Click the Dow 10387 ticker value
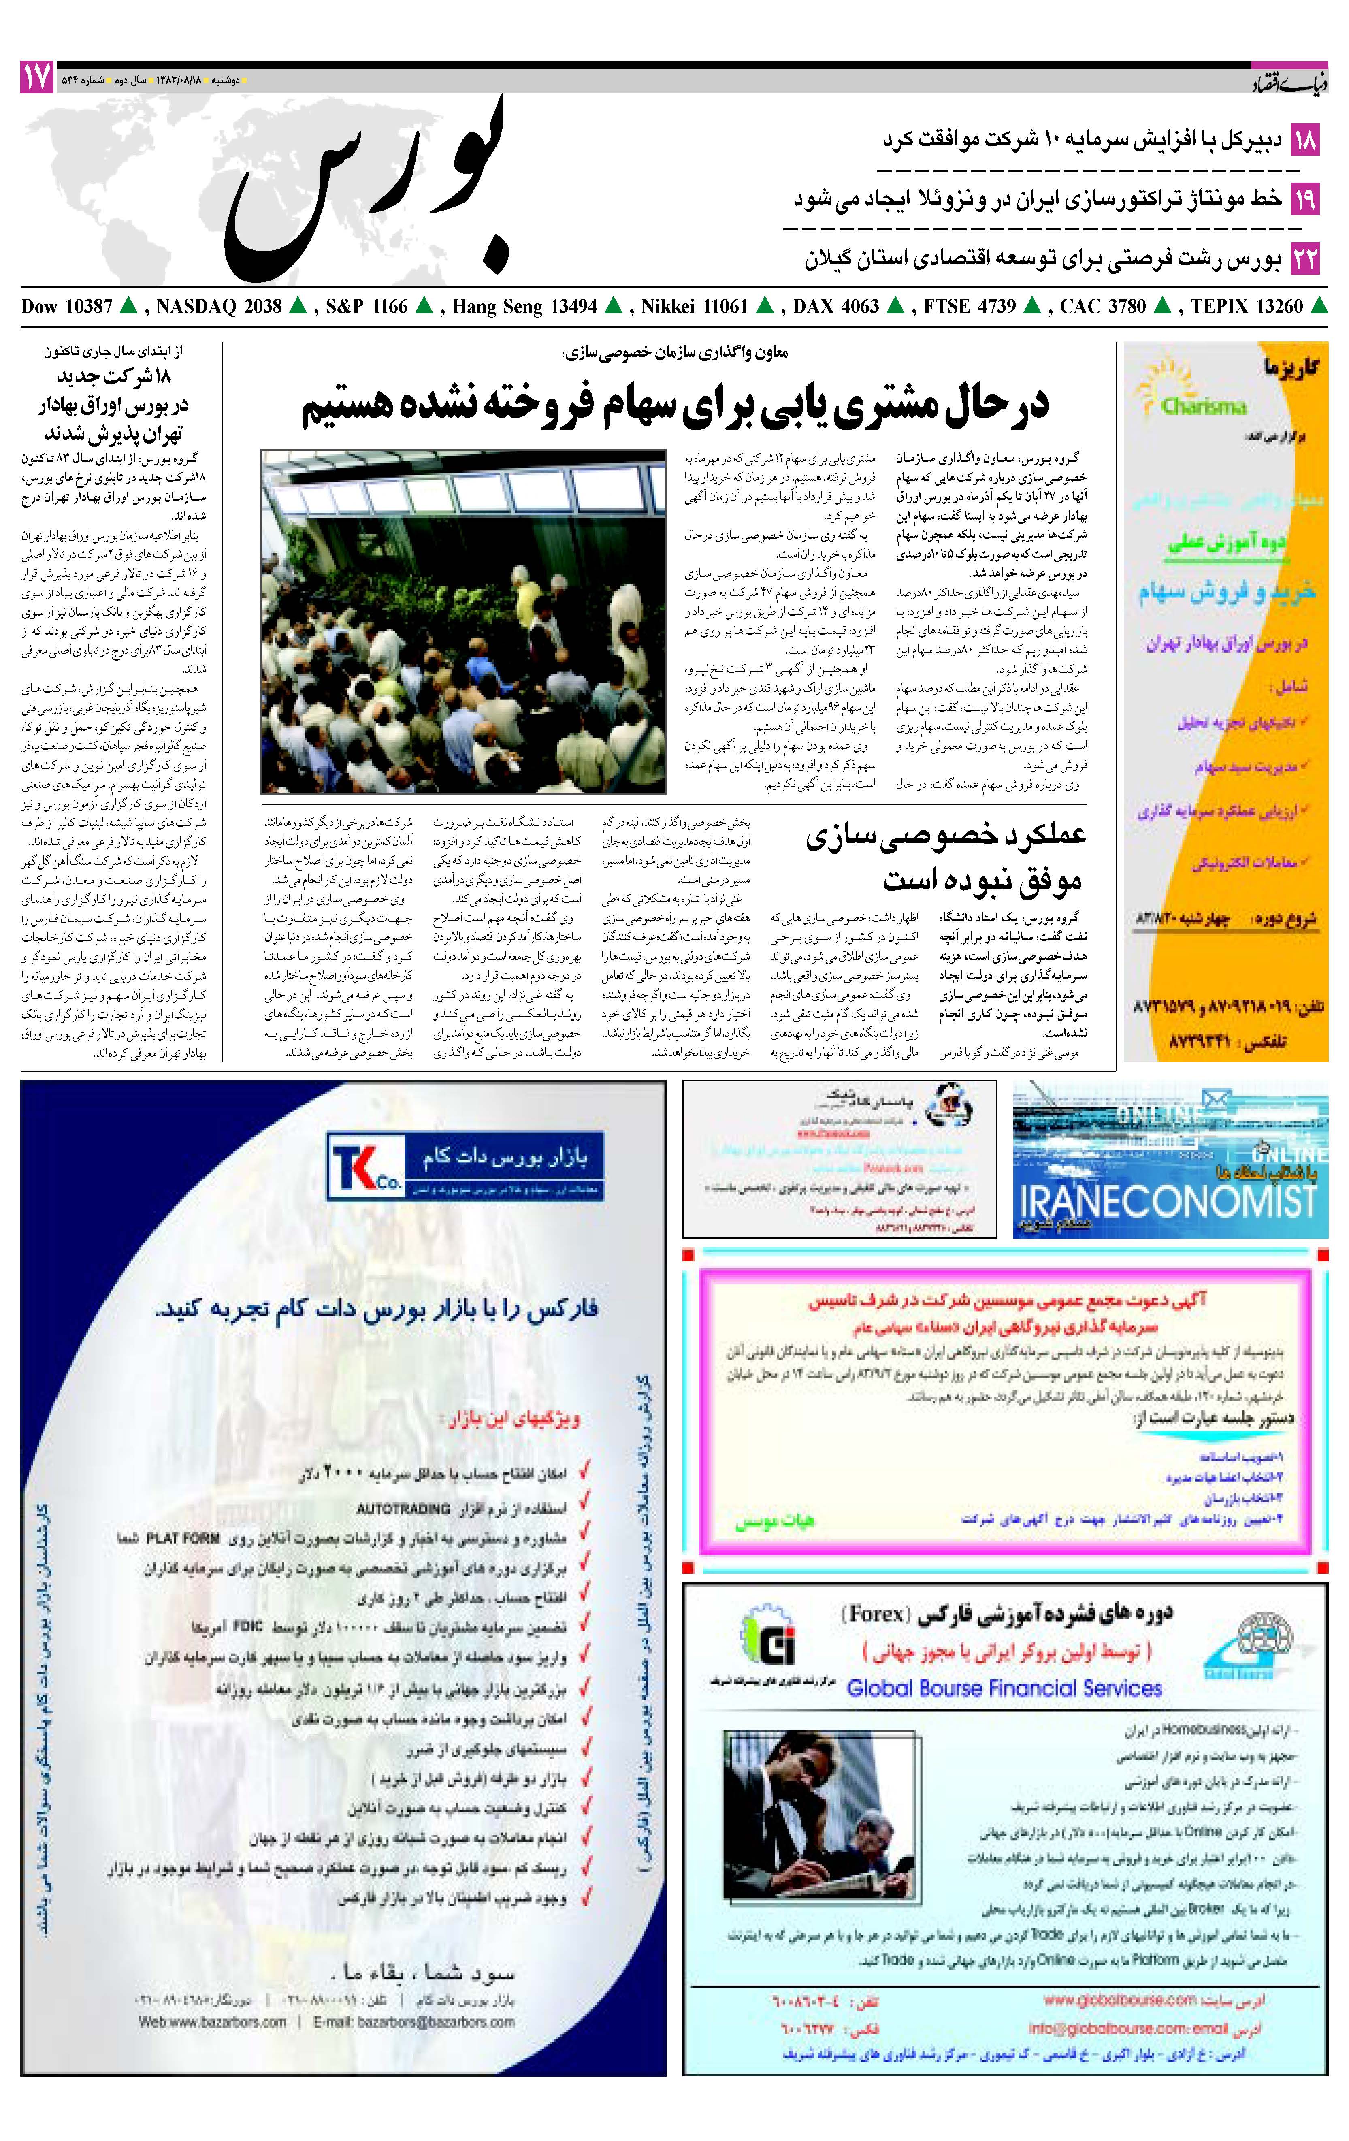tap(67, 307)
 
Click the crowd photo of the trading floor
tap(463, 621)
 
